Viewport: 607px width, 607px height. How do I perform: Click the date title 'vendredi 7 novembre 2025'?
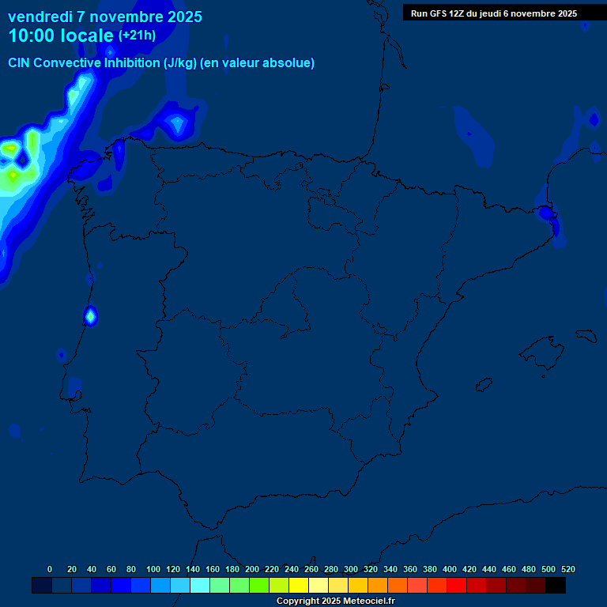[104, 17]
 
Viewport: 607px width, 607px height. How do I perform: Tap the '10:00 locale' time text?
[61, 36]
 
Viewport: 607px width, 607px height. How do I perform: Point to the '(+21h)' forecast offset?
[137, 36]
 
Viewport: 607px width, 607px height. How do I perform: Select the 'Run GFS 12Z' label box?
[494, 13]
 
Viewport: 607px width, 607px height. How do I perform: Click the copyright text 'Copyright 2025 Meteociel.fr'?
[336, 601]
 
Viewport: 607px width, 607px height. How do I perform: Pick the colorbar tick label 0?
[50, 569]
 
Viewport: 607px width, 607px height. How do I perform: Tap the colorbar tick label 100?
[153, 569]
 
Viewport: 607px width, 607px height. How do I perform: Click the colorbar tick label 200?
[252, 569]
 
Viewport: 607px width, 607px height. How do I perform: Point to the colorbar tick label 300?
[351, 569]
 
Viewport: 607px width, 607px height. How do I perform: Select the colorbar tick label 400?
[450, 569]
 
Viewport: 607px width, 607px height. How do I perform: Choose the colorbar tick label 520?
[568, 569]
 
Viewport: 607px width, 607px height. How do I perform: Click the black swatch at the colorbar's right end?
[556, 585]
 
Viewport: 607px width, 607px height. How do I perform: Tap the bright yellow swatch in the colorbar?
[299, 585]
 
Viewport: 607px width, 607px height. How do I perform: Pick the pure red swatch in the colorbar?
[457, 585]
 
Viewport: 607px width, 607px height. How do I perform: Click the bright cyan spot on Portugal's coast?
[90, 316]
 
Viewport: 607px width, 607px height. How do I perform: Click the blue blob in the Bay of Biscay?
[177, 123]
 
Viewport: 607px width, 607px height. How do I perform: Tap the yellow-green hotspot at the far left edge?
[11, 149]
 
